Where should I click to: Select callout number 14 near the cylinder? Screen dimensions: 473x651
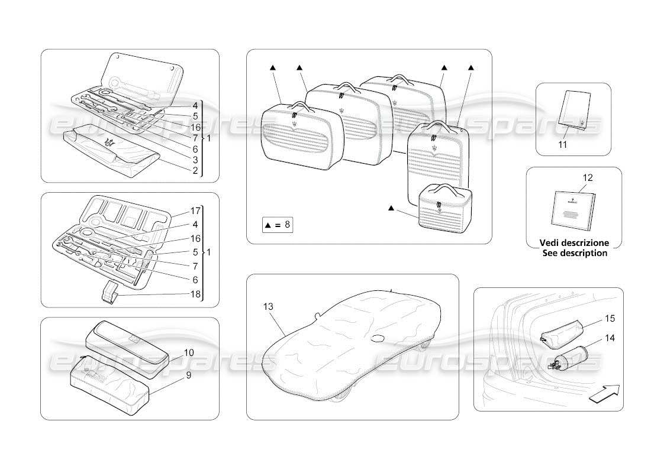point(610,339)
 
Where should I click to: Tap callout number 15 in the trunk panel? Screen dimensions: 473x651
point(610,319)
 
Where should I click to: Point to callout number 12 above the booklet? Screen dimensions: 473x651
point(587,177)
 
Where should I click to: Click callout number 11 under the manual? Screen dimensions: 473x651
point(563,144)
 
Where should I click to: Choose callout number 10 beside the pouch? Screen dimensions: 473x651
point(189,352)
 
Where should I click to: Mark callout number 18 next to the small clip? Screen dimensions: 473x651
point(195,294)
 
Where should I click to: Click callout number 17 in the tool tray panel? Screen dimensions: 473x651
point(195,210)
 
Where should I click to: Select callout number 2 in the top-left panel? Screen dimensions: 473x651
point(195,171)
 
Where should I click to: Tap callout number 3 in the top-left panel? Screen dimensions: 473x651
point(195,160)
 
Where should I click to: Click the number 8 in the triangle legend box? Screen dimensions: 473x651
point(287,225)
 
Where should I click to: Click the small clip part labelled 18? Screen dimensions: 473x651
point(109,292)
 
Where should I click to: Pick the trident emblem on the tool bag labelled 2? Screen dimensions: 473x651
point(109,142)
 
